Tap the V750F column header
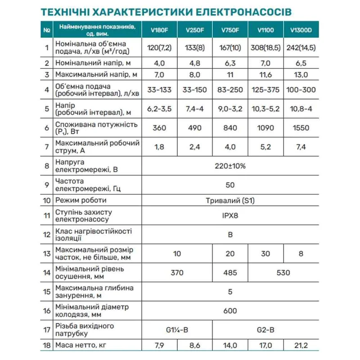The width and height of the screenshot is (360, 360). point(229,31)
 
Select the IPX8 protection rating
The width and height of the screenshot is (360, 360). point(230,215)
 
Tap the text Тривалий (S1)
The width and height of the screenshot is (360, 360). point(230,200)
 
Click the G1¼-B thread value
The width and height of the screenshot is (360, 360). point(177,330)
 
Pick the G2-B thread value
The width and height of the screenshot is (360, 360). point(265,330)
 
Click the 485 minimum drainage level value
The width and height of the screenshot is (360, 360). point(230,272)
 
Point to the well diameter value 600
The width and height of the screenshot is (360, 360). point(230,310)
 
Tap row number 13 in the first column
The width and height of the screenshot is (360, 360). point(47,253)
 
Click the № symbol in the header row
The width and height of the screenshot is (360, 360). point(47,31)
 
